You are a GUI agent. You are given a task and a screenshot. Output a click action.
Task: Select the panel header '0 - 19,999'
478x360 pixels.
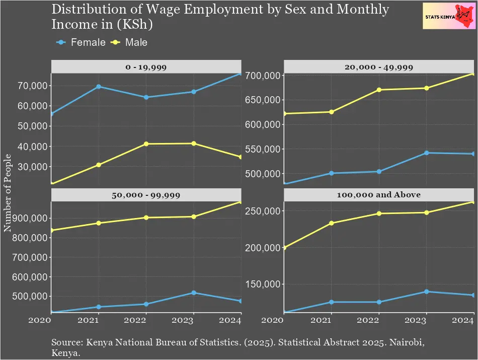pos(146,66)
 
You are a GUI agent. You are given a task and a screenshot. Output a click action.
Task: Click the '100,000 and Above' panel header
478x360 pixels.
pos(379,194)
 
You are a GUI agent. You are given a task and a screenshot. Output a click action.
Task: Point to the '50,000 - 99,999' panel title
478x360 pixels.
pos(146,194)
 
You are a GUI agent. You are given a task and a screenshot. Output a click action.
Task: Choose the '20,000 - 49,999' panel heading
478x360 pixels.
pos(379,66)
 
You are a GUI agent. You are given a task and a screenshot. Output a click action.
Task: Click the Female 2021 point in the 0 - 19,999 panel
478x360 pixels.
pos(99,87)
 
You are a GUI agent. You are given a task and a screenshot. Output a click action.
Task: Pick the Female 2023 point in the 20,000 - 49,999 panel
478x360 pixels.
pos(426,153)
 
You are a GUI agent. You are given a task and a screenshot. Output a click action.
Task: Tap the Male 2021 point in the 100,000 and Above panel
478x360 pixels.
pos(331,223)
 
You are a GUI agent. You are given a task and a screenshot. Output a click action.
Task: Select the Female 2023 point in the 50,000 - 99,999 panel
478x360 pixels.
pos(194,293)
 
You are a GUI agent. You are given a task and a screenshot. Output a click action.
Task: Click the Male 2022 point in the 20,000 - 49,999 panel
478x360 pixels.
pos(379,90)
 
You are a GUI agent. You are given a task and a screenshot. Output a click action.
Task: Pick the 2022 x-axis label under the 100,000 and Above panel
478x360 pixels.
pos(379,320)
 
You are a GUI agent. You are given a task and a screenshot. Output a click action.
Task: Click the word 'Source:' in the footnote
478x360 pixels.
pos(67,343)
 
